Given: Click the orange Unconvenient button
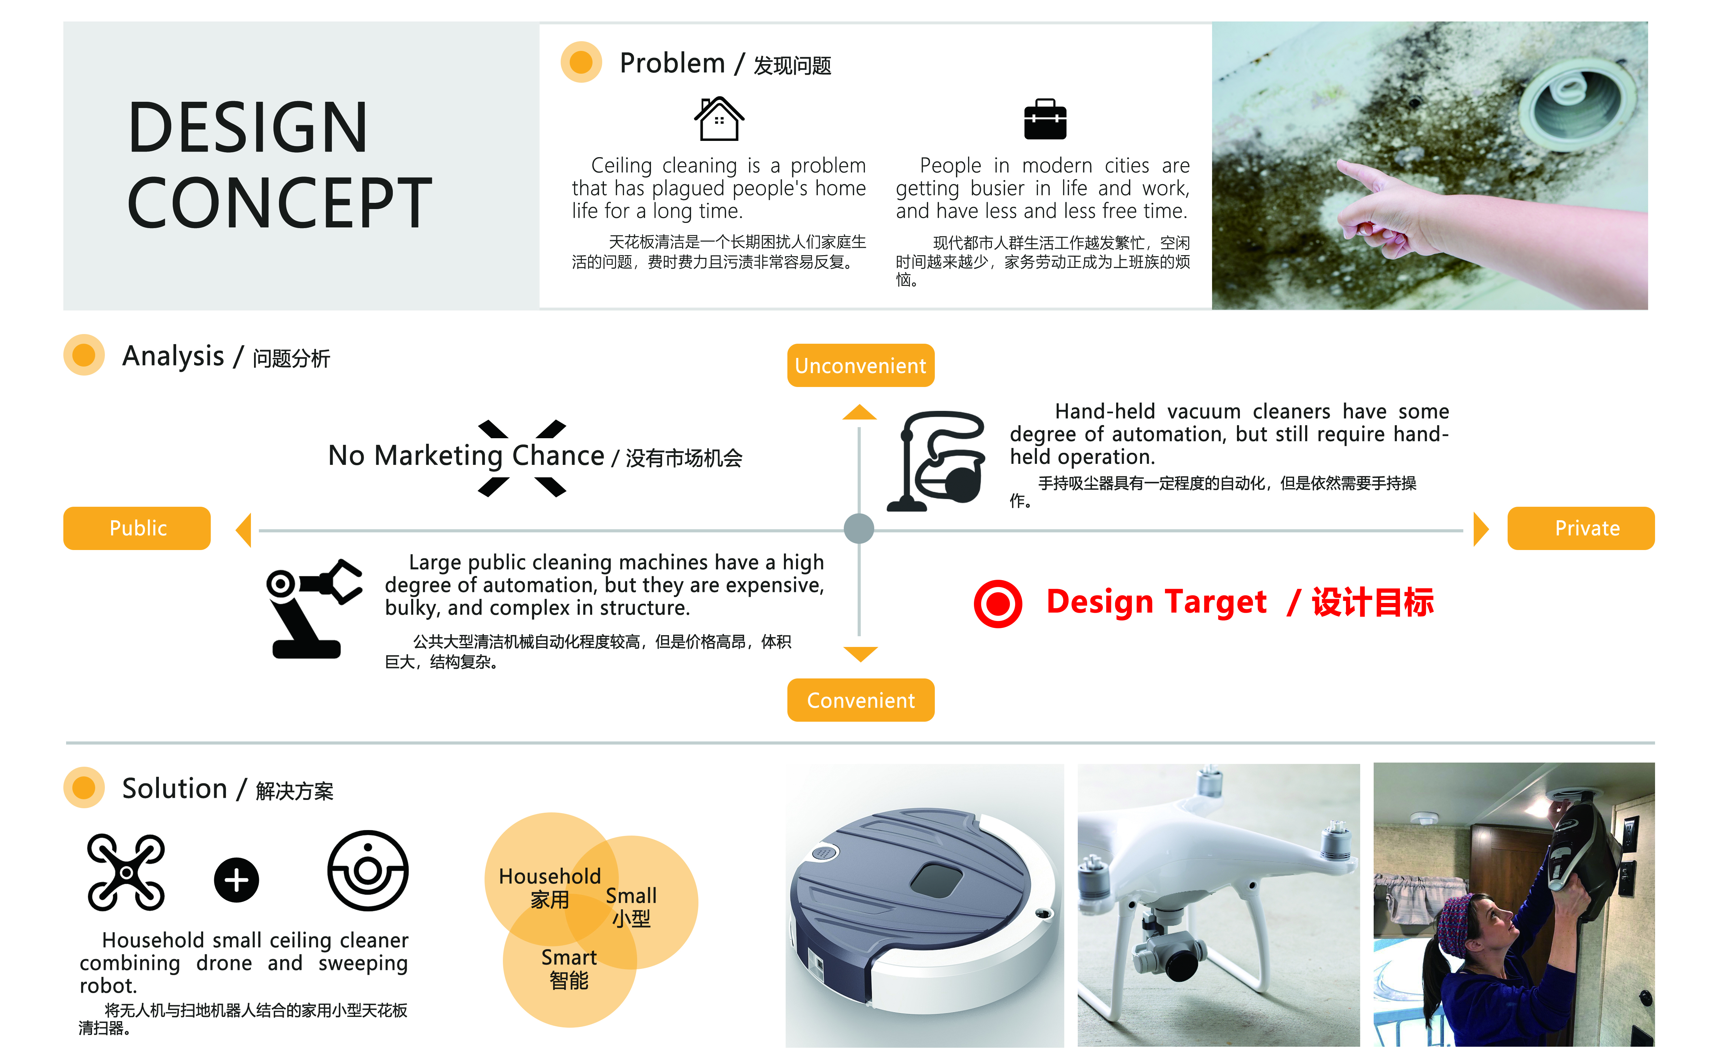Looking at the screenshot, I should point(860,366).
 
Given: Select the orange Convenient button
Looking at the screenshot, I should point(860,700).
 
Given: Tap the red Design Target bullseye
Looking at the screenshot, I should point(997,603).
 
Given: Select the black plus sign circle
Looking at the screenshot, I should point(236,880).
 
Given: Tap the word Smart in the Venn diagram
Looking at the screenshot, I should point(569,957).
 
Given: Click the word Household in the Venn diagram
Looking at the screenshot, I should point(550,876).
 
